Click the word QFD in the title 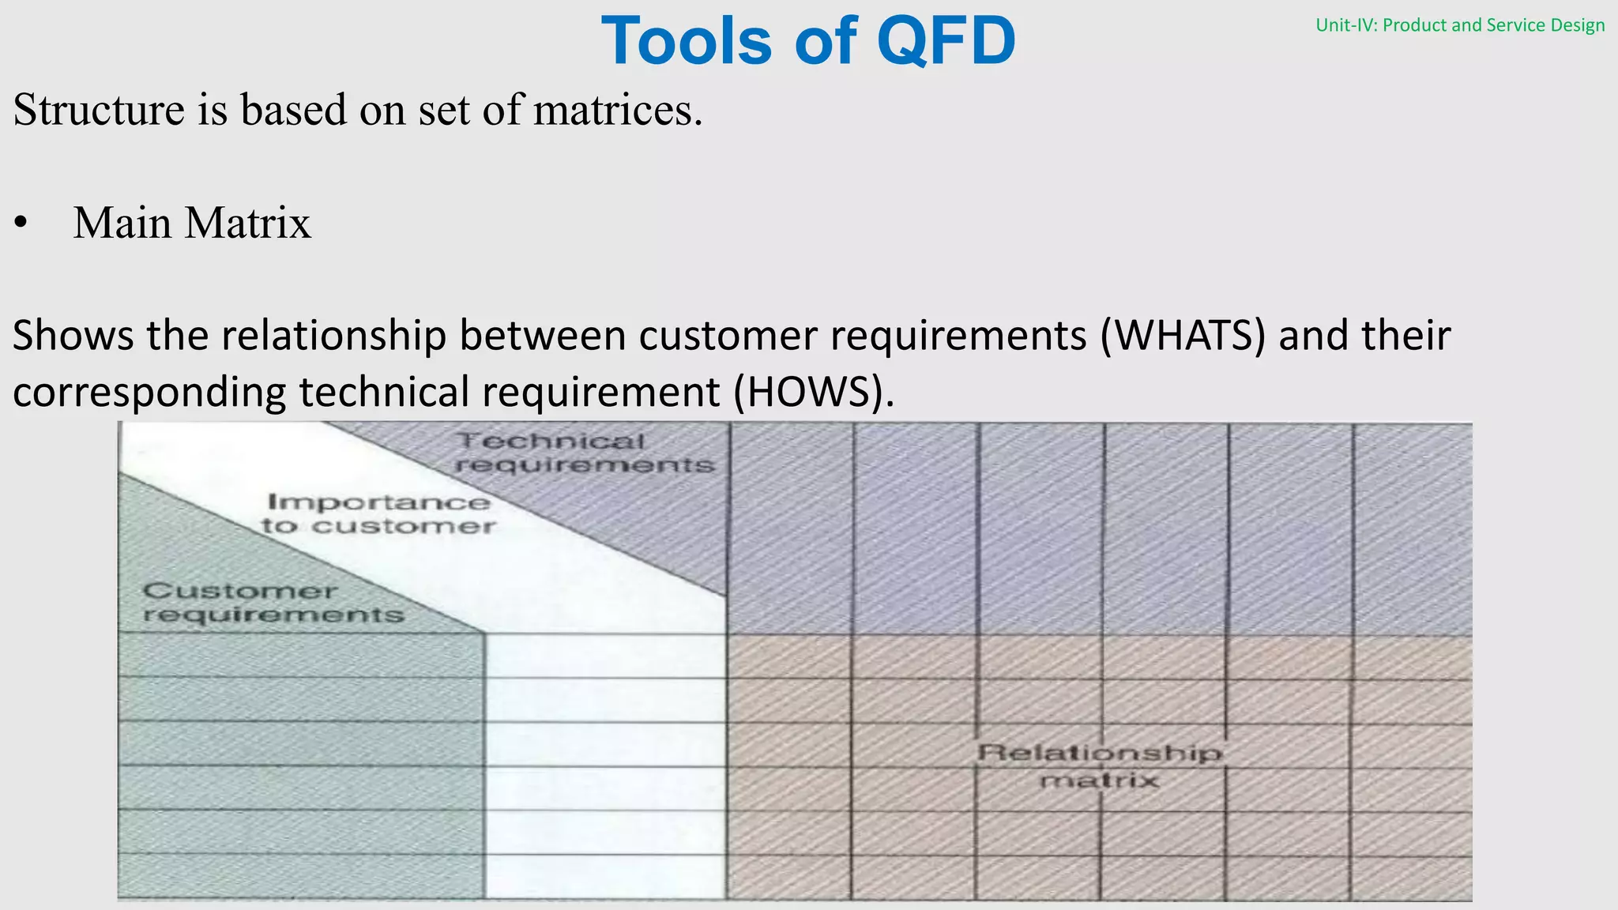click(x=946, y=41)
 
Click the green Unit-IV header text click(x=1459, y=25)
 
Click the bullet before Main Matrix click(x=21, y=224)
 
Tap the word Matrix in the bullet click(x=248, y=223)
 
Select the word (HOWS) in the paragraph click(x=813, y=392)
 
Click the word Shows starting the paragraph click(x=73, y=335)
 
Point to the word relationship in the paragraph click(x=333, y=335)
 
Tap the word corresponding click(x=149, y=393)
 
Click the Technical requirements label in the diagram click(x=584, y=453)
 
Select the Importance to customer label click(x=378, y=513)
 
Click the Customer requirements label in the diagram click(x=273, y=602)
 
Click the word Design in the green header click(x=1577, y=25)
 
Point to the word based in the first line click(x=293, y=109)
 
